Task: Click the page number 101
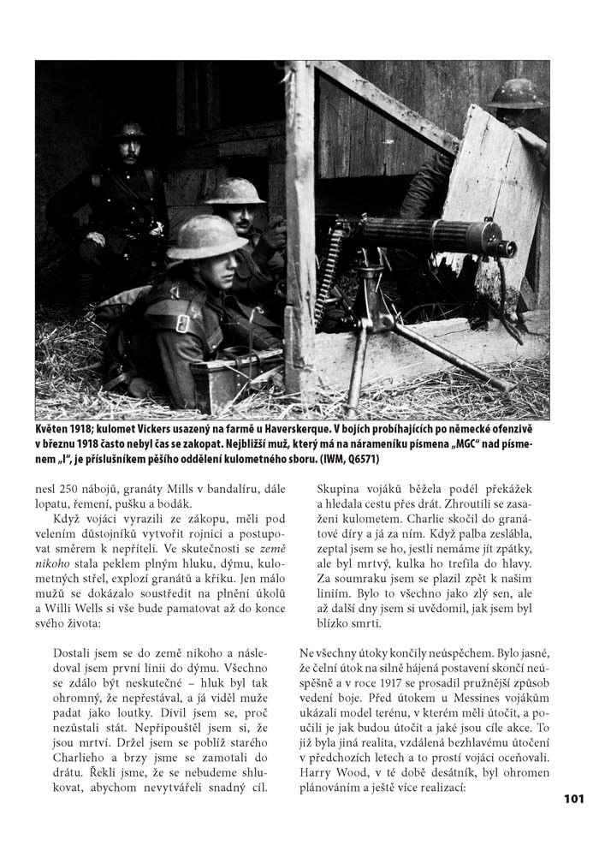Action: coord(573,799)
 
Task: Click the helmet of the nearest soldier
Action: coord(206,236)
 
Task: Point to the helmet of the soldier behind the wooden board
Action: coord(516,93)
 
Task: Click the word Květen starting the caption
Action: coord(55,428)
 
